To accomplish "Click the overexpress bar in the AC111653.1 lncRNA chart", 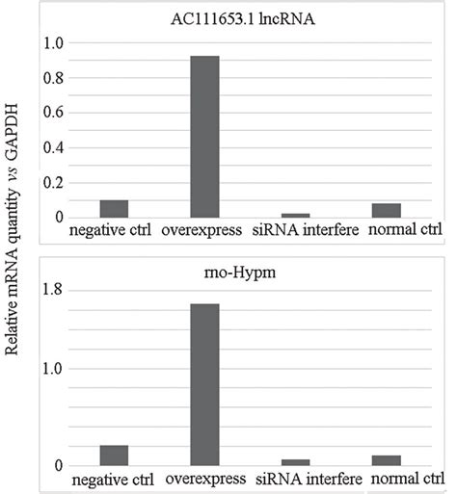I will pyautogui.click(x=204, y=137).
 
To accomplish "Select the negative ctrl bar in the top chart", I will pyautogui.click(x=114, y=209).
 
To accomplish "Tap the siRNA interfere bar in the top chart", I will pyautogui.click(x=295, y=216).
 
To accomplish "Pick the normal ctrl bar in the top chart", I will pyautogui.click(x=387, y=210).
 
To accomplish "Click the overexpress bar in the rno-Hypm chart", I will pyautogui.click(x=204, y=385).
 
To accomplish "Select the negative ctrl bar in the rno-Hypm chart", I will pyautogui.click(x=114, y=456).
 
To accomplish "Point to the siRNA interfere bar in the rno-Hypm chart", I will pyautogui.click(x=295, y=463).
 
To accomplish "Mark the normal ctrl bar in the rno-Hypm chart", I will pyautogui.click(x=387, y=461).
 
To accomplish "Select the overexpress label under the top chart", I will pyautogui.click(x=204, y=230).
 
